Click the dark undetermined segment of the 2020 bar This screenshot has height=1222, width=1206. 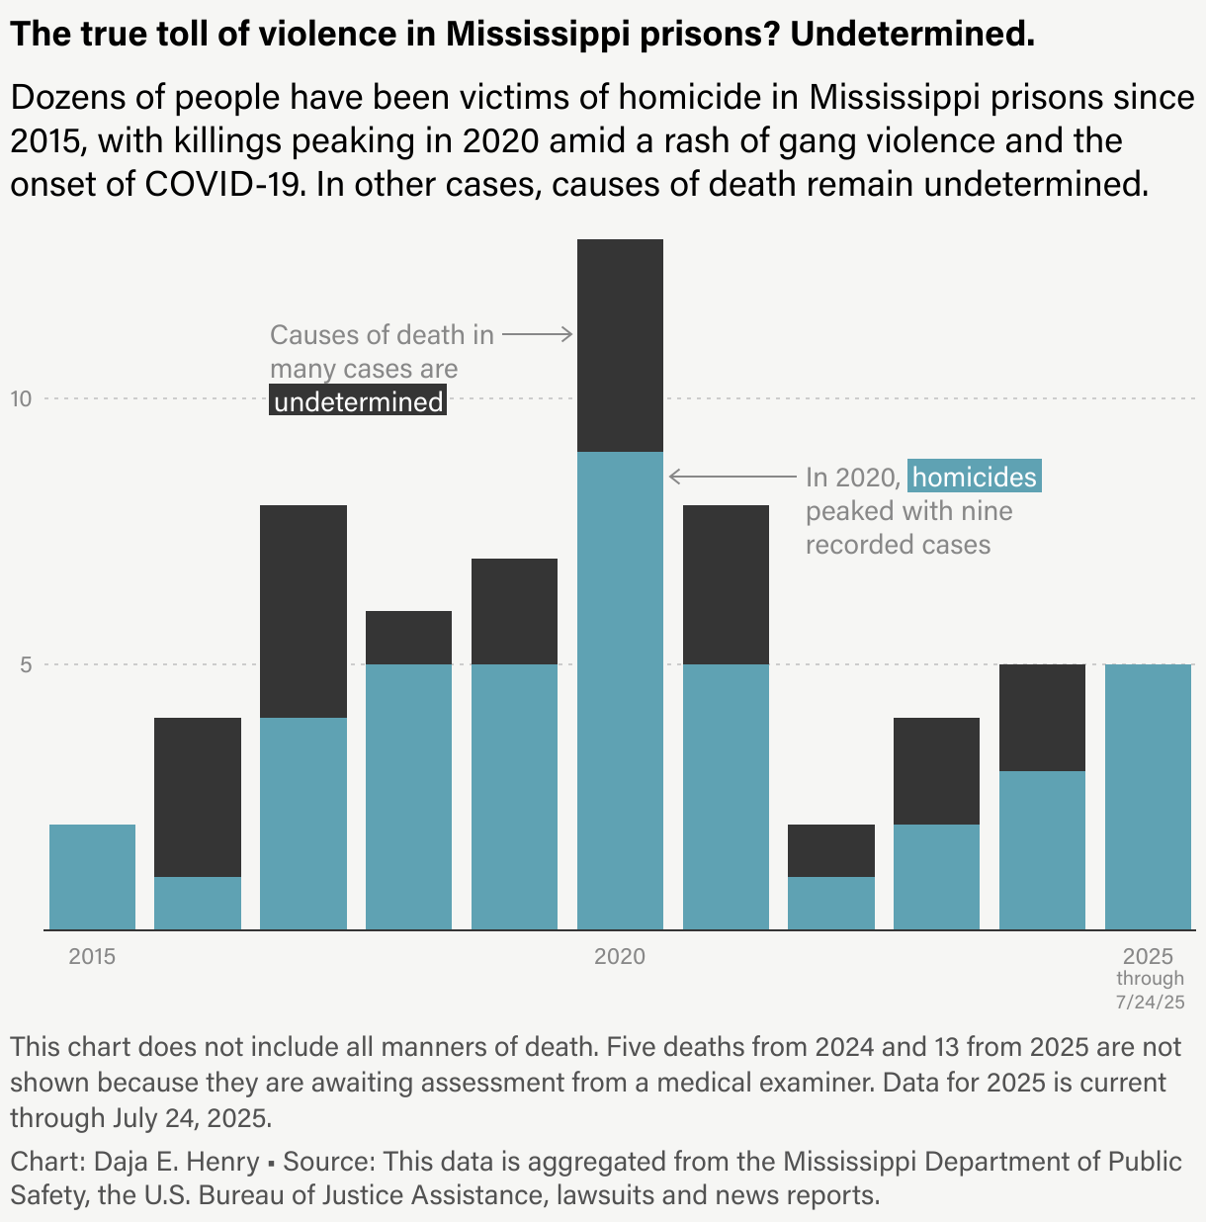coord(620,345)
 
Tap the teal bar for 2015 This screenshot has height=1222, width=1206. coord(92,877)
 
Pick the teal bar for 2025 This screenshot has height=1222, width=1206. coord(1148,797)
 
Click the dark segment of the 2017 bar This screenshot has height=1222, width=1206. coord(303,611)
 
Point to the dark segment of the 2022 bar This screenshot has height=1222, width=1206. coord(831,850)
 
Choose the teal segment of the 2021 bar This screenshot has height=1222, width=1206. coord(726,797)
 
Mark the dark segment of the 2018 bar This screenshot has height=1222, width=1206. coord(408,638)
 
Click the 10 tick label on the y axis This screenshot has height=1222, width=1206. coord(22,398)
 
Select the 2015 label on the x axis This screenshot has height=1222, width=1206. coord(92,956)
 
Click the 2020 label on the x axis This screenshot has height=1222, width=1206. coord(620,956)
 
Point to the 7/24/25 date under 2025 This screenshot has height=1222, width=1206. coord(1150,1002)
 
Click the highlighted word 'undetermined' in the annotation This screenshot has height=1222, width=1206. coord(358,402)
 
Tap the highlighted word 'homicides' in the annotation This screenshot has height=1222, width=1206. coord(974,478)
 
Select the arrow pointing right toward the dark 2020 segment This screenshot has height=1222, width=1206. coord(538,334)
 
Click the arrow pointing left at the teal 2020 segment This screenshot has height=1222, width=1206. coord(732,477)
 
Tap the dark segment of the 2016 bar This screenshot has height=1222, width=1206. coord(198,797)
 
